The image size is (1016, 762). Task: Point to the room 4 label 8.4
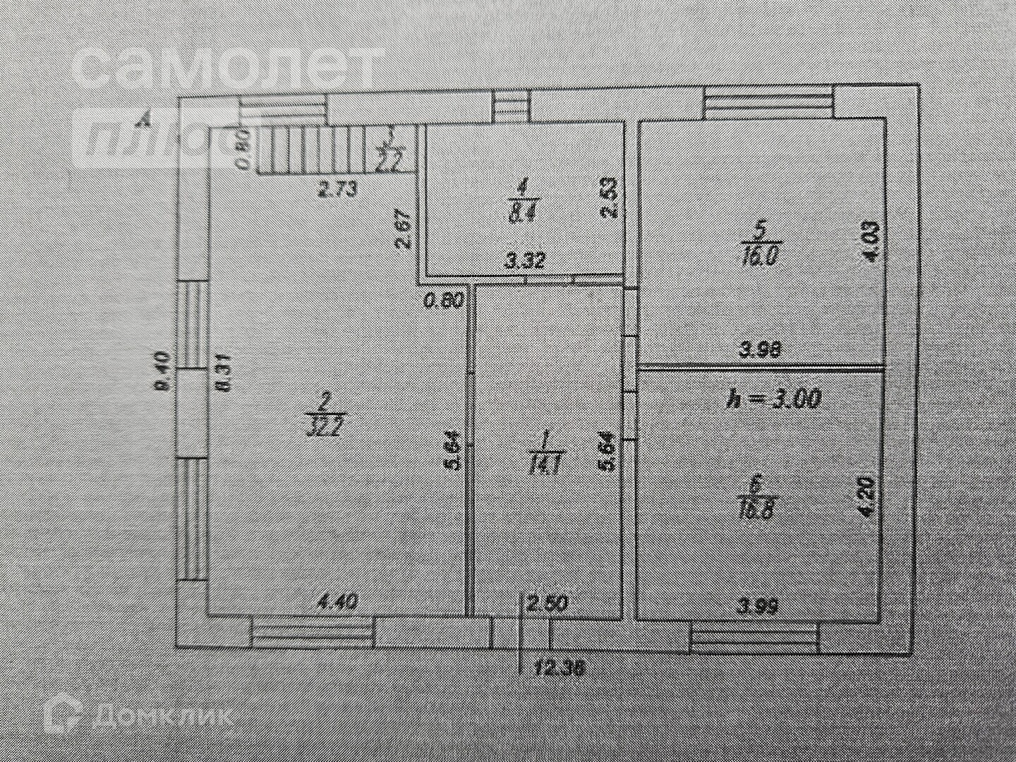522,201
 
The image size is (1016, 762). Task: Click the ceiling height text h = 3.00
773,399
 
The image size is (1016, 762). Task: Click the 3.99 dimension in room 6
756,606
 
